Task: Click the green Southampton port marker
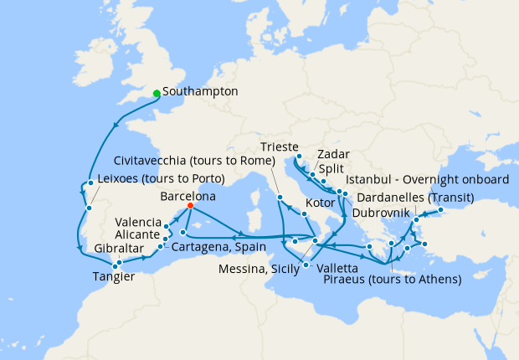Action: coord(157,93)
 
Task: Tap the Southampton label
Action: coord(202,90)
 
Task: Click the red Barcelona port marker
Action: coord(190,205)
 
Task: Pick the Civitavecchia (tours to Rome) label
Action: coord(193,160)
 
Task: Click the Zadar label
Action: coord(334,154)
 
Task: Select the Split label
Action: coord(331,167)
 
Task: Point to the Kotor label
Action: coord(320,203)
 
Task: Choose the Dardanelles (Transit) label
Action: coord(414,198)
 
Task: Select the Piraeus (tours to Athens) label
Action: coord(392,278)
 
